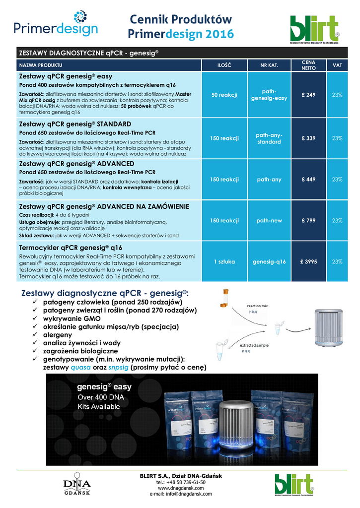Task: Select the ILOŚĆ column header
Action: click(224, 65)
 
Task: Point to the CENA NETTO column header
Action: click(308, 65)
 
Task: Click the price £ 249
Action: click(308, 95)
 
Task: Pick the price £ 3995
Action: click(308, 261)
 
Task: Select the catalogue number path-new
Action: click(269, 220)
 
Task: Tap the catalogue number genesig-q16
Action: click(269, 261)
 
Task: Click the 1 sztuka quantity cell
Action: click(224, 261)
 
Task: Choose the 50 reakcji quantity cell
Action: click(224, 95)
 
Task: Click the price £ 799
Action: click(308, 220)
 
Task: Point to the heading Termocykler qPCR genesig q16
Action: click(71, 247)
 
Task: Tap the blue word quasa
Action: click(80, 368)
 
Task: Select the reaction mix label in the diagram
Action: click(257, 306)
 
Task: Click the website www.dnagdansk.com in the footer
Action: click(180, 488)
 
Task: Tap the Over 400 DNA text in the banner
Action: click(100, 397)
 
